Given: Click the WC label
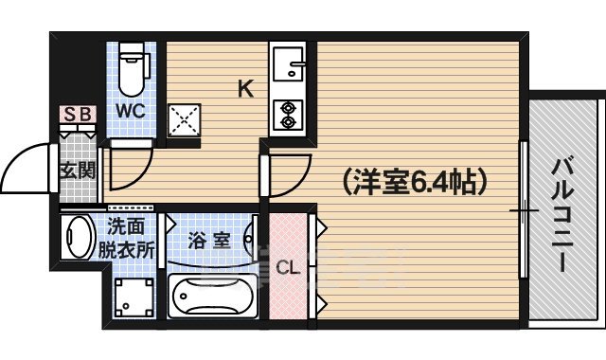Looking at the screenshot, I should point(131,110).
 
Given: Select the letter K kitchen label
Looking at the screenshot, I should point(244,90).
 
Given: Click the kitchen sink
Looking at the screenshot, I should point(288,65).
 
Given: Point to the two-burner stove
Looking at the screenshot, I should point(286,112).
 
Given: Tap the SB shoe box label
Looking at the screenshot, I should point(79,115).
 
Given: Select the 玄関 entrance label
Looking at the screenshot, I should point(78,171).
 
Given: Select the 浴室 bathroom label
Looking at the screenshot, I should point(209,239).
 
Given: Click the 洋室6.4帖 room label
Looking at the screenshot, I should point(409,179).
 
